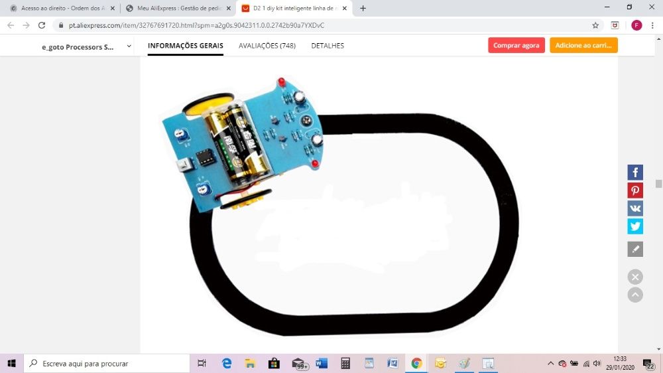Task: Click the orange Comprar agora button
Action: pyautogui.click(x=516, y=45)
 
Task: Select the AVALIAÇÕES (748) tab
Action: pyautogui.click(x=267, y=46)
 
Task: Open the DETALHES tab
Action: pyautogui.click(x=328, y=46)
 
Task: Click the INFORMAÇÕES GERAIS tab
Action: pyautogui.click(x=186, y=46)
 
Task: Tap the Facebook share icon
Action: pyautogui.click(x=635, y=173)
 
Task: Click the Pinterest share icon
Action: pyautogui.click(x=635, y=190)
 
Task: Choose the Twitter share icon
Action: pyautogui.click(x=635, y=226)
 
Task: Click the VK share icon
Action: pyautogui.click(x=635, y=208)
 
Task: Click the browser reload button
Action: pyautogui.click(x=42, y=25)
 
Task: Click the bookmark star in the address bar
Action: pyautogui.click(x=595, y=25)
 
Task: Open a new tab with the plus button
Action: pyautogui.click(x=363, y=8)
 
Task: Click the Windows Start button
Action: pyautogui.click(x=11, y=363)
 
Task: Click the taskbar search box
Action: pyautogui.click(x=106, y=363)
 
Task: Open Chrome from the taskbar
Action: pyautogui.click(x=416, y=363)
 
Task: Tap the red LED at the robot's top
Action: pyautogui.click(x=281, y=82)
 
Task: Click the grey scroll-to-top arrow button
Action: pyautogui.click(x=635, y=295)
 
